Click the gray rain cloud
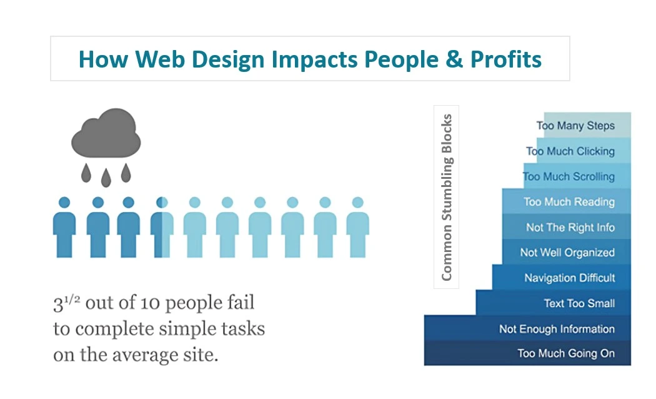106,133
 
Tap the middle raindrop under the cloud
106,178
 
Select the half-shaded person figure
162,228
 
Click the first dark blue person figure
64,228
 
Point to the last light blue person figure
358,228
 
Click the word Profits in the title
506,59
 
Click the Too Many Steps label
575,126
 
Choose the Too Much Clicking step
584,151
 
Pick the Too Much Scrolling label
569,176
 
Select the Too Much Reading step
567,201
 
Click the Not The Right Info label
570,228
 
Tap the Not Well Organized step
567,252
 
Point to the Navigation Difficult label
570,278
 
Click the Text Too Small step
553,303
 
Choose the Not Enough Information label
557,329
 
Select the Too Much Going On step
527,353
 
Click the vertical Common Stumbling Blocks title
447,197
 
